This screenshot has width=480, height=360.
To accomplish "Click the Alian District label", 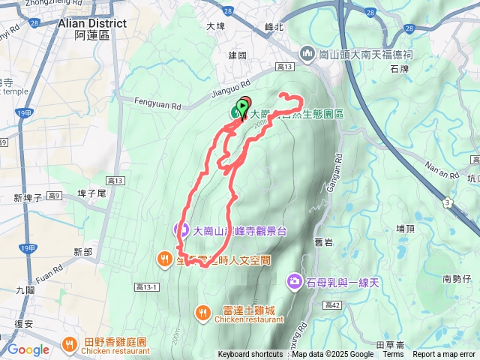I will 91,23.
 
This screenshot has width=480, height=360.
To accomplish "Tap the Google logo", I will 28,349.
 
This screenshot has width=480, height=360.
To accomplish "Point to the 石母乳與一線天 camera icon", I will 295,281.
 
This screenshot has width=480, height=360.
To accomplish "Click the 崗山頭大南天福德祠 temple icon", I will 307,53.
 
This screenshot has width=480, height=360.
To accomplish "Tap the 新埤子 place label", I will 28,198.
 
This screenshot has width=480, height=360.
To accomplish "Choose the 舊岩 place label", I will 324,241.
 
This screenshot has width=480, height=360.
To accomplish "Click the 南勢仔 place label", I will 457,278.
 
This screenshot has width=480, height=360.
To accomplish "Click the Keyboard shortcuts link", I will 250,355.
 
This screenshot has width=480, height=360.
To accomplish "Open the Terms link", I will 393,355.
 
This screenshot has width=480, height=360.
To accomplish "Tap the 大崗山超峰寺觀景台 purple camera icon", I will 181,230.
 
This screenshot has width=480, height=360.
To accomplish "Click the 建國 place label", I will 237,55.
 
